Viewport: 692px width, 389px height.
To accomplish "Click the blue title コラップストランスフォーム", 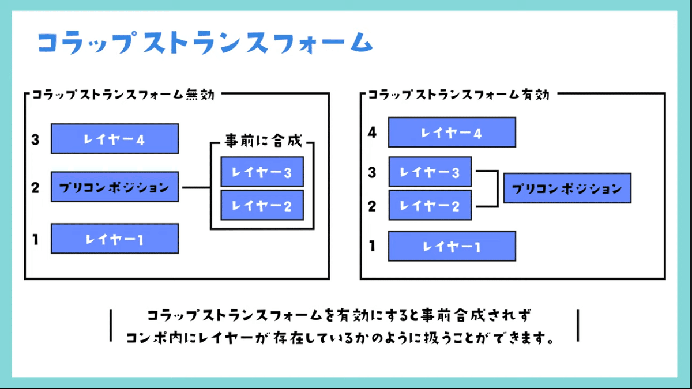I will [x=205, y=43].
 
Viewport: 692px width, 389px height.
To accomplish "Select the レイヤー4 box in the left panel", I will [x=115, y=139].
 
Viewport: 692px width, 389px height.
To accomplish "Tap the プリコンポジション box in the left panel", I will [x=115, y=187].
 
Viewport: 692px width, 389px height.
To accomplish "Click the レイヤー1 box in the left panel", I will [x=115, y=239].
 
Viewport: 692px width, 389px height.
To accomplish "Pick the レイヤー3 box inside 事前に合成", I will [x=262, y=172].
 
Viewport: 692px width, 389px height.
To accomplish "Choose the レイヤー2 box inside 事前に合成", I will [x=262, y=205].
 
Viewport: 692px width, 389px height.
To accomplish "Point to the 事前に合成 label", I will [x=262, y=141].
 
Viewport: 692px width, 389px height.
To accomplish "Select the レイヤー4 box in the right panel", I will [x=452, y=133].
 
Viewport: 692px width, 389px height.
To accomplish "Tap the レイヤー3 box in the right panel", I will [x=430, y=172].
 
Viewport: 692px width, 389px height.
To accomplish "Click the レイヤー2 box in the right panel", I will [x=430, y=206].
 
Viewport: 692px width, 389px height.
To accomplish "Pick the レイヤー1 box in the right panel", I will [x=452, y=247].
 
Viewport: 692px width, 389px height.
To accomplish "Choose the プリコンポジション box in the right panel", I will [x=567, y=188].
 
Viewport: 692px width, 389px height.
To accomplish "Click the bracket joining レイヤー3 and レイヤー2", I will [x=495, y=188].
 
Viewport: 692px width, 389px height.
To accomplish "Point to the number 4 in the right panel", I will [x=373, y=133].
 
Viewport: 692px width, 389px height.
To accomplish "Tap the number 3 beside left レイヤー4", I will [x=36, y=139].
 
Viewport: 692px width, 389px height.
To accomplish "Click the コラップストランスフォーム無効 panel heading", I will [x=123, y=95].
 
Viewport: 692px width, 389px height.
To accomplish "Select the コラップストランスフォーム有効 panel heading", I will [x=458, y=95].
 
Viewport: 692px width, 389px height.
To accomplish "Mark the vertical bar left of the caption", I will [x=110, y=326].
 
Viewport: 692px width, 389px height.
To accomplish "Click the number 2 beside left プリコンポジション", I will [x=36, y=188].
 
